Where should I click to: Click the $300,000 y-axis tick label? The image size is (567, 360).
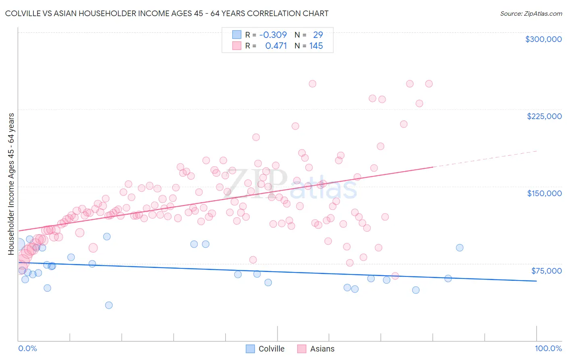click(543, 39)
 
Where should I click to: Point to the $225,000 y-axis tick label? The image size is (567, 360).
click(544, 116)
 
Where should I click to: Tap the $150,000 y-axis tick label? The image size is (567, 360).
click(544, 193)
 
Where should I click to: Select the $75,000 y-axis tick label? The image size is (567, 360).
click(546, 271)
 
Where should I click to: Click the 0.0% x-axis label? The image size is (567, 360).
click(27, 348)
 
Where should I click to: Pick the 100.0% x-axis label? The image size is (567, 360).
click(548, 348)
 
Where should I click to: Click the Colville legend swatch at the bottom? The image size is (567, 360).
click(250, 349)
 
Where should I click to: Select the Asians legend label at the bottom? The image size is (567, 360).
click(322, 349)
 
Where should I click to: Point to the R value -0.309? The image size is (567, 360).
click(273, 35)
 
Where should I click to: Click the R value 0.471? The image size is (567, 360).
click(276, 46)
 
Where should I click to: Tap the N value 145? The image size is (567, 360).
click(316, 46)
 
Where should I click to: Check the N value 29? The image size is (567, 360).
click(318, 35)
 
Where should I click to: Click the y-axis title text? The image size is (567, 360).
click(11, 184)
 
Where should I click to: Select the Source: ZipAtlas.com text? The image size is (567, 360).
click(531, 13)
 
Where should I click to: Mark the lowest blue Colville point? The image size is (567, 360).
click(109, 305)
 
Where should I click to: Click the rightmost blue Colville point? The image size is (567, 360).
click(460, 248)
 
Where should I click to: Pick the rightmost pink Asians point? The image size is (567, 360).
click(429, 84)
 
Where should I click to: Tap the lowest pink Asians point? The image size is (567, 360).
click(395, 276)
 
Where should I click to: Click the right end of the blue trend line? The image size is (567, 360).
click(537, 281)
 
